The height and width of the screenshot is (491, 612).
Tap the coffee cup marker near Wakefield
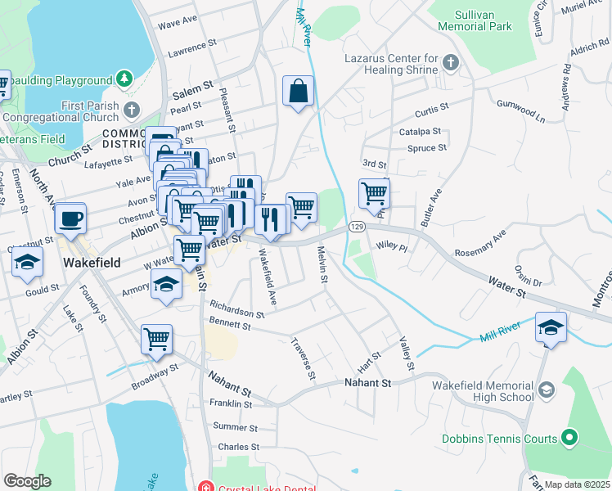tap(70, 220)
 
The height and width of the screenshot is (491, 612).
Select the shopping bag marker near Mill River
tap(299, 92)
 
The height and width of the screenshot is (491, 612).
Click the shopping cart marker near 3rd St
tap(374, 195)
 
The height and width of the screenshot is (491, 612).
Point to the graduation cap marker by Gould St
tap(27, 264)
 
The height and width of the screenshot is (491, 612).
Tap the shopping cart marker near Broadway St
tap(156, 339)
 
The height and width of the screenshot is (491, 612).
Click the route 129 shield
tap(356, 226)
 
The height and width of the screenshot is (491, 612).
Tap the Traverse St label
tap(302, 358)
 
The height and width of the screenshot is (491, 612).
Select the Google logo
tap(27, 480)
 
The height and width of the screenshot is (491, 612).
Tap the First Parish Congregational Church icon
tap(132, 107)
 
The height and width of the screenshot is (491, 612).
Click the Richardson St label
tap(236, 309)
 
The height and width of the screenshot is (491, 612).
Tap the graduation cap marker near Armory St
tap(166, 286)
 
